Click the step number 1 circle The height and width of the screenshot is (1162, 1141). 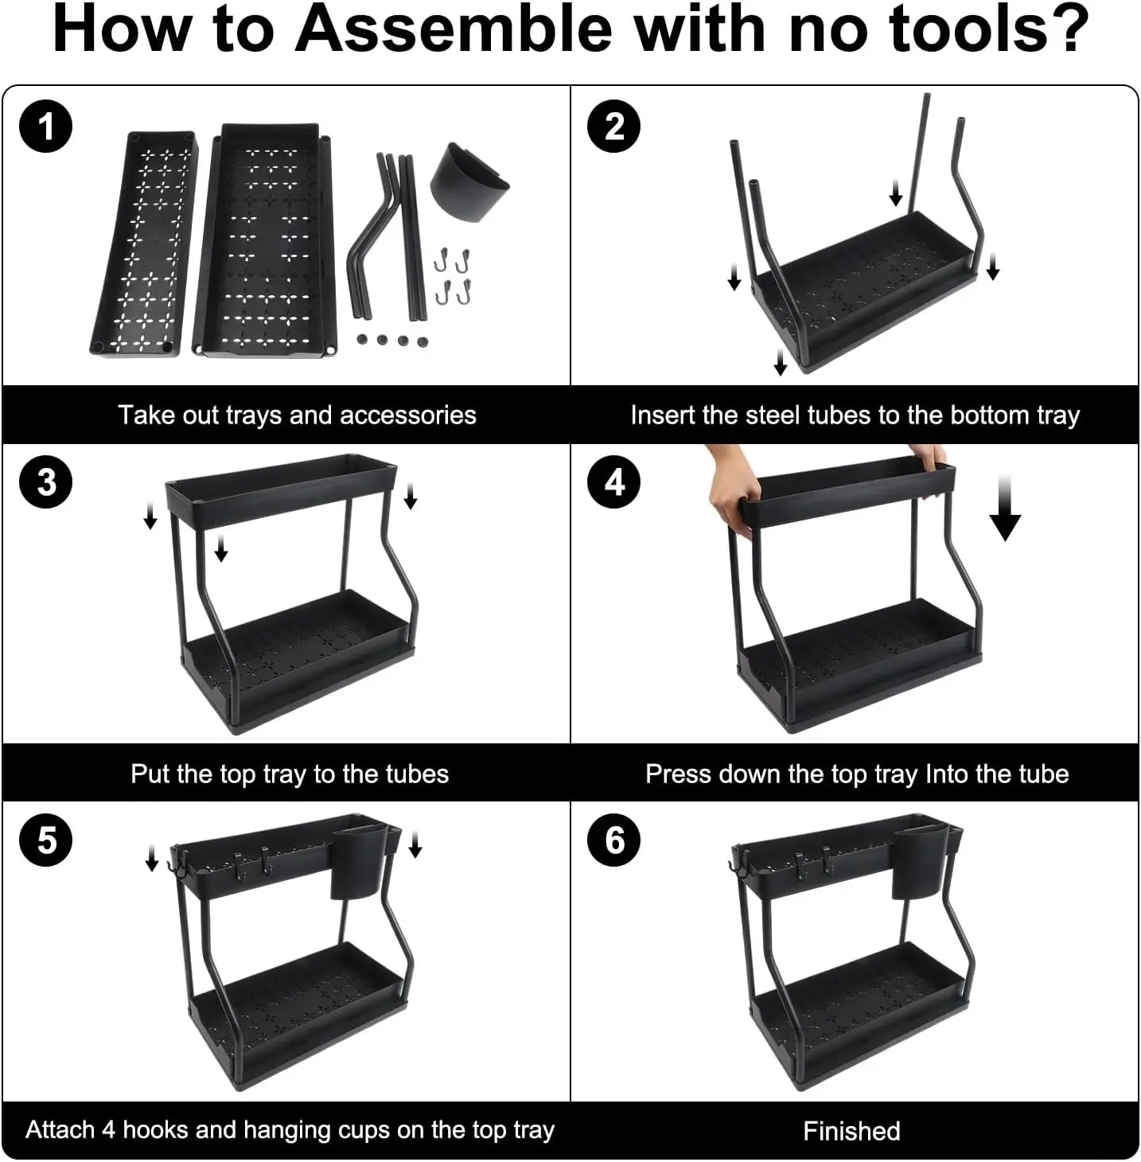[x=46, y=127]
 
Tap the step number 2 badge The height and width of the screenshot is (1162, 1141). [x=614, y=127]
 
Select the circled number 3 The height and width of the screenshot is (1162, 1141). [x=46, y=482]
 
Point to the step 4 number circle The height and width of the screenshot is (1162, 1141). [x=614, y=482]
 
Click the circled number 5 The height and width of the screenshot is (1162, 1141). [x=46, y=840]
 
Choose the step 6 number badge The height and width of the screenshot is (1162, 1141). [x=614, y=840]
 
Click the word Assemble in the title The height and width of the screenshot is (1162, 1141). [x=453, y=29]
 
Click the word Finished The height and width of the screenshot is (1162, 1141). [x=851, y=1131]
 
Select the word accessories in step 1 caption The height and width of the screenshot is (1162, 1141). [x=407, y=415]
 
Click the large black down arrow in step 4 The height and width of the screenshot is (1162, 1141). [x=1005, y=508]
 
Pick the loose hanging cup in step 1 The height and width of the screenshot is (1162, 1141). [x=469, y=181]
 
